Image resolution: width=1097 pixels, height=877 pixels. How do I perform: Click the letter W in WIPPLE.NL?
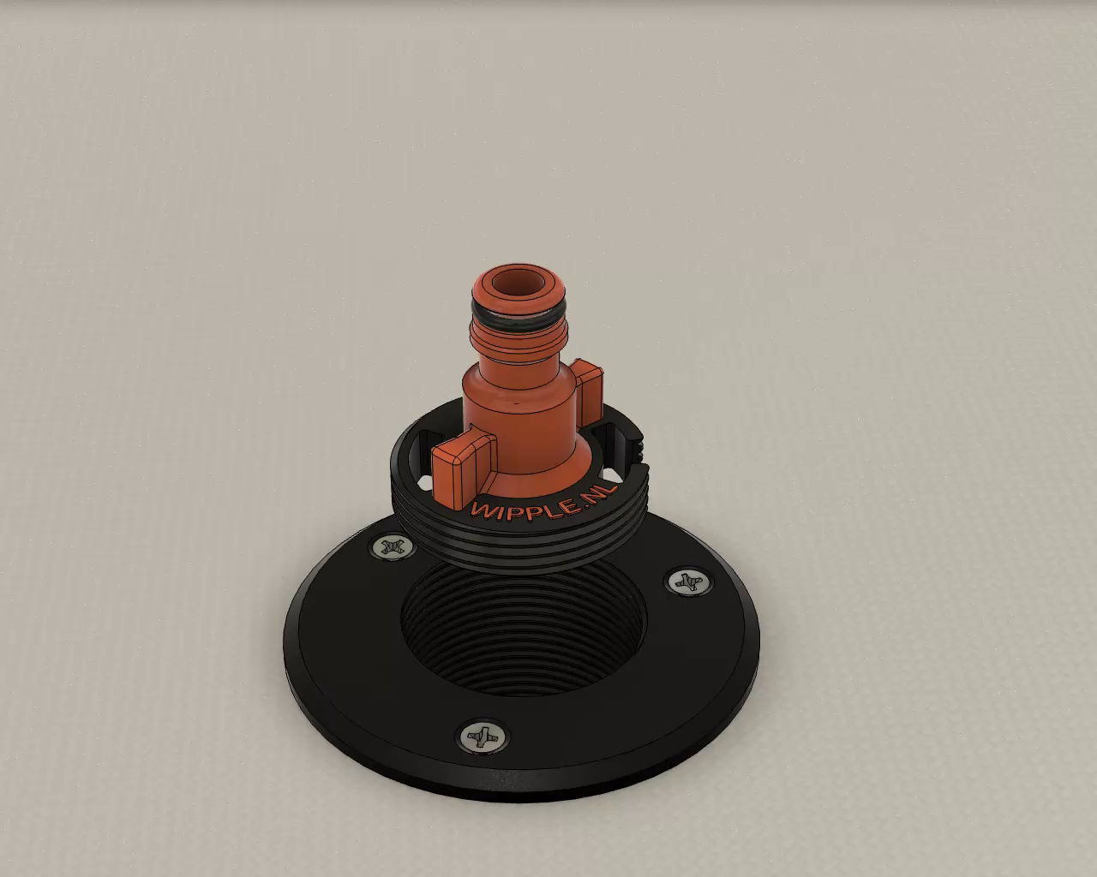pyautogui.click(x=483, y=510)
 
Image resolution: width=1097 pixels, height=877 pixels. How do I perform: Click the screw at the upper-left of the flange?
pyautogui.click(x=392, y=548)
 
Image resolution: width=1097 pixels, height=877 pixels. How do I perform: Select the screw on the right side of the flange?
pyautogui.click(x=688, y=582)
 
